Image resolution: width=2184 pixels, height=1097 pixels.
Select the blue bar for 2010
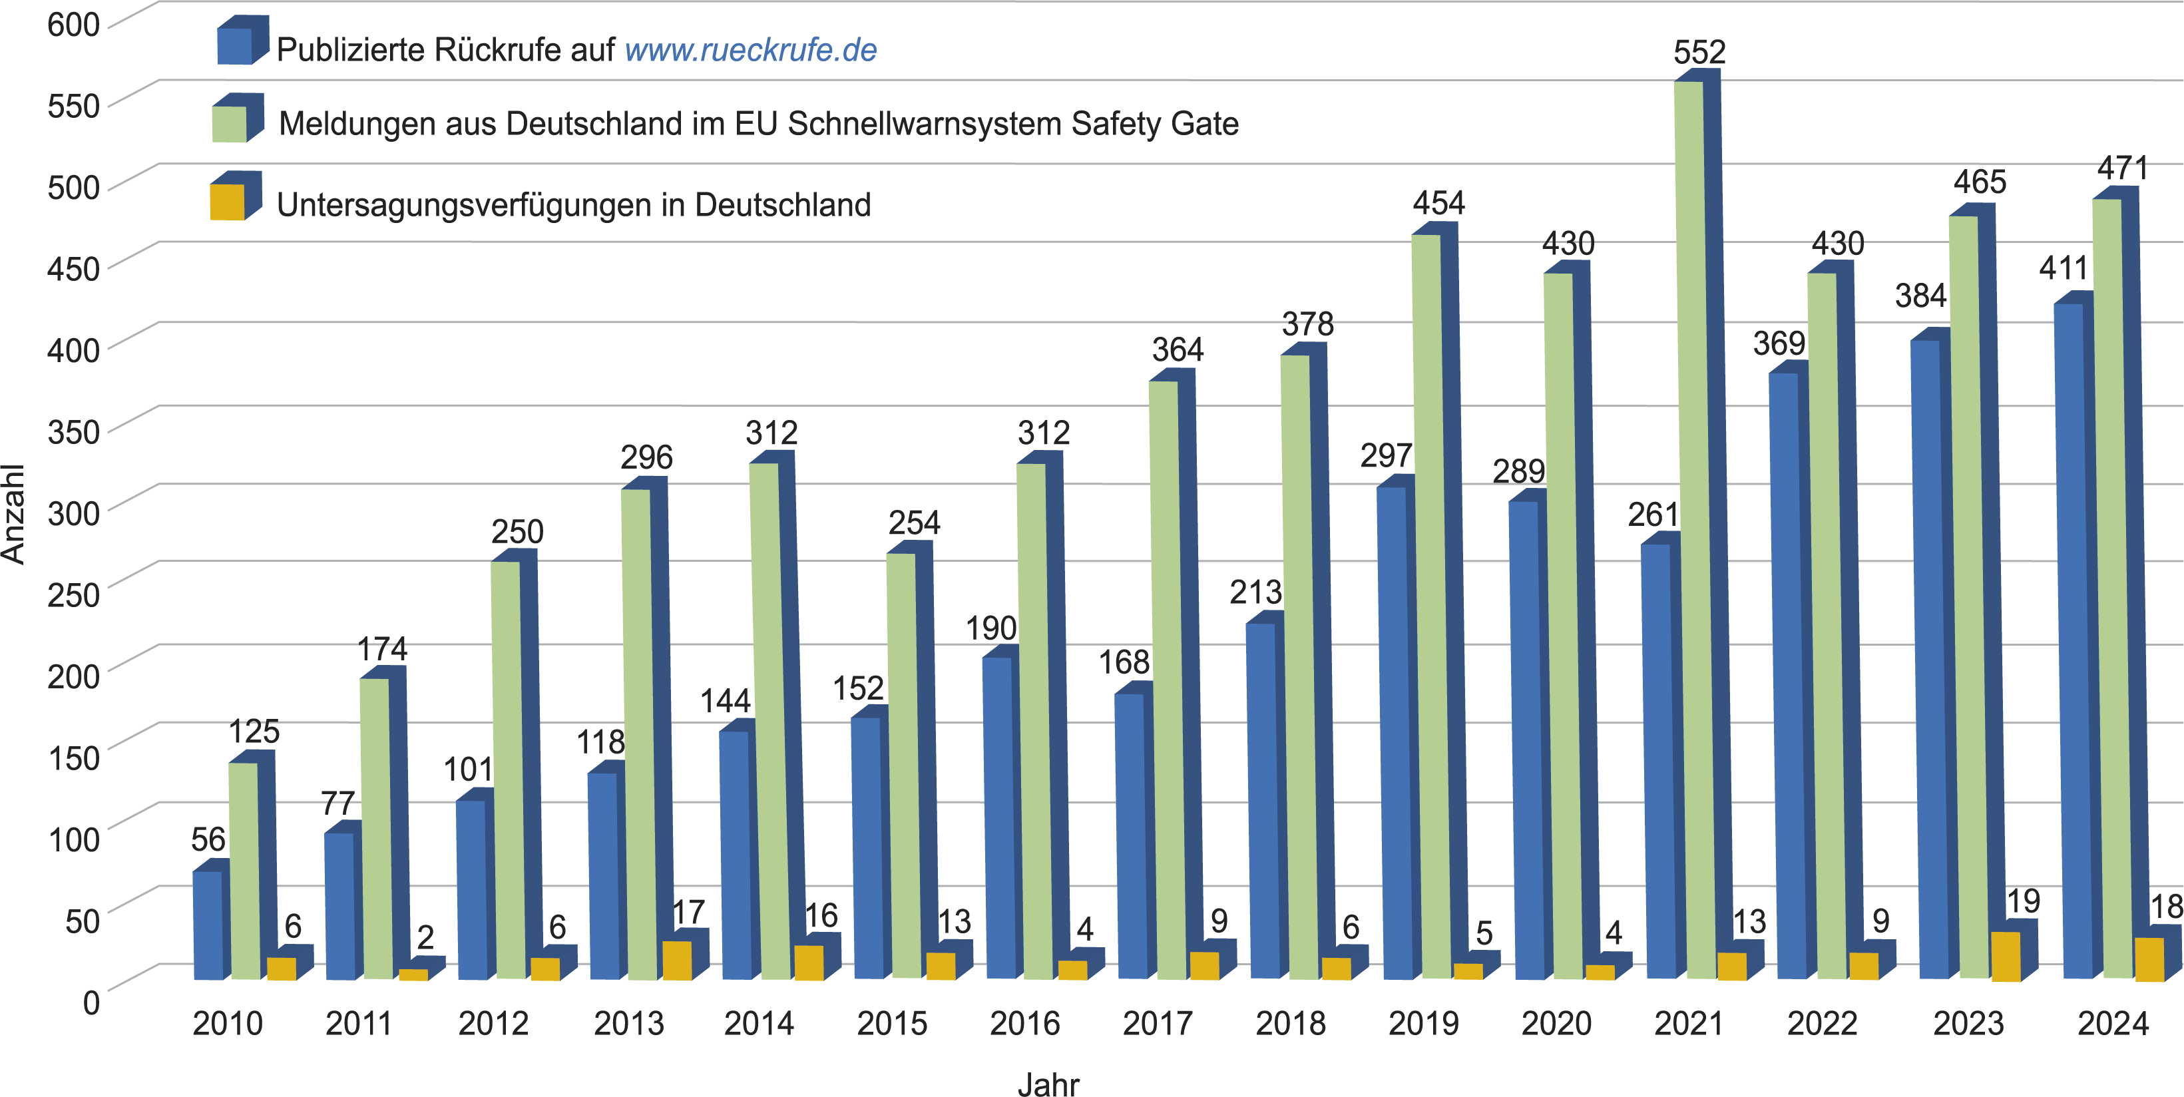coord(208,924)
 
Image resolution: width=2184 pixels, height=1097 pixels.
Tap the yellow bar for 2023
coord(2006,957)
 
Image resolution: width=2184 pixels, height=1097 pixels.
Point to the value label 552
coord(1699,53)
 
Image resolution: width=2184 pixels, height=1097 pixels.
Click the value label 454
coord(1438,204)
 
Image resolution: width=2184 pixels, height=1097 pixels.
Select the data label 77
coord(337,803)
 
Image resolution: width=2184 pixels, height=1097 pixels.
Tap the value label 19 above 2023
coord(2023,901)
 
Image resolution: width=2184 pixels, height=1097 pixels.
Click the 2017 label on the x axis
coord(1158,1023)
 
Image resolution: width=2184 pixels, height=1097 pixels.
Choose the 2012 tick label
coord(493,1023)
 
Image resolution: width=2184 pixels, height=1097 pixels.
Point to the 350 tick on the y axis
coord(74,431)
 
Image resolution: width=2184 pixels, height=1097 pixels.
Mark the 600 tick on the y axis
coord(74,25)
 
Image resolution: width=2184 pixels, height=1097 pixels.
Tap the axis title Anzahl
coord(13,514)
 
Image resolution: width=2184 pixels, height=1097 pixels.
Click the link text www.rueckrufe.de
coord(750,50)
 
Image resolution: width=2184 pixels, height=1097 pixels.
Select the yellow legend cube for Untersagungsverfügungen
coord(227,202)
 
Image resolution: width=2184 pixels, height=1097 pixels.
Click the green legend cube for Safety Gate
coord(230,124)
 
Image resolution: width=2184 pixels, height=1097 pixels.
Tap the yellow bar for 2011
coord(414,974)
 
